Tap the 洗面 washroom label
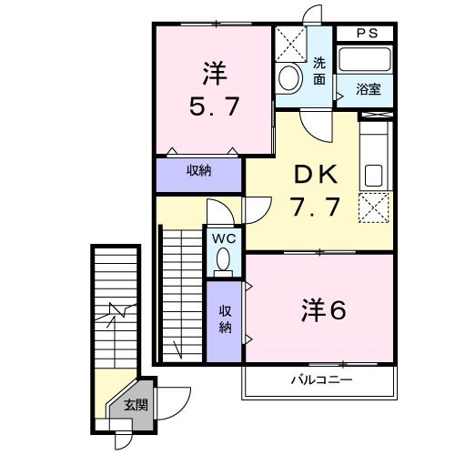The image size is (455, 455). point(319,71)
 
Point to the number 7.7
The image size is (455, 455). point(316,207)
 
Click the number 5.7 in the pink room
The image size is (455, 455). point(215,106)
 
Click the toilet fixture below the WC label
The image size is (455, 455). point(223,261)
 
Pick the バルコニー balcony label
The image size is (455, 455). point(321,379)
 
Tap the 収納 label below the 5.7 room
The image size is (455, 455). point(199,172)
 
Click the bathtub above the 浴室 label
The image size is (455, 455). point(364,61)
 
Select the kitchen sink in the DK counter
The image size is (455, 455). point(374,174)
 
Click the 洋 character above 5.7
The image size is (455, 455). point(214,71)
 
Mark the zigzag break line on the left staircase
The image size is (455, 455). point(114,315)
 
